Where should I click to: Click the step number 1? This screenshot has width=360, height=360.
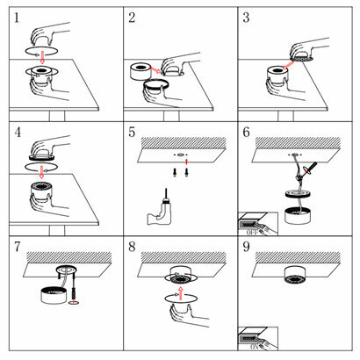coord(17,18)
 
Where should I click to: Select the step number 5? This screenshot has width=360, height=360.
coord(132,133)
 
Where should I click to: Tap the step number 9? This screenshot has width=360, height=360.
coord(246,247)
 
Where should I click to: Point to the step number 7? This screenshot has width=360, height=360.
coord(18,247)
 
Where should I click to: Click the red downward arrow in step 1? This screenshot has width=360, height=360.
coord(42,57)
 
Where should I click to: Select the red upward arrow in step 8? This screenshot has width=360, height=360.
coord(181,293)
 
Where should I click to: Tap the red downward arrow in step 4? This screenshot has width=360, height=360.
coord(41,172)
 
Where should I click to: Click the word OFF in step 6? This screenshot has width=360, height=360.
coord(252,233)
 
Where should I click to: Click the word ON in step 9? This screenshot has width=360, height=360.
coord(254,347)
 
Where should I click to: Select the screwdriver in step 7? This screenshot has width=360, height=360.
coord(73,293)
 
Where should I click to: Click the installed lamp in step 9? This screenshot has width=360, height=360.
coord(295,275)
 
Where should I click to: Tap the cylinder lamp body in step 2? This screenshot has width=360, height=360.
coord(140,71)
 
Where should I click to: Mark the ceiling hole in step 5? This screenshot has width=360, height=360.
coord(180,155)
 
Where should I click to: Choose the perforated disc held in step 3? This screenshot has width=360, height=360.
coord(302,59)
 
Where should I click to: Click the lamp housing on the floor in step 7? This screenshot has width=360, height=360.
coord(54,296)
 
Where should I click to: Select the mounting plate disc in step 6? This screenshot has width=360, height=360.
coord(297,194)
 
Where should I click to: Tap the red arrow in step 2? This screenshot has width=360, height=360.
coord(155,69)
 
